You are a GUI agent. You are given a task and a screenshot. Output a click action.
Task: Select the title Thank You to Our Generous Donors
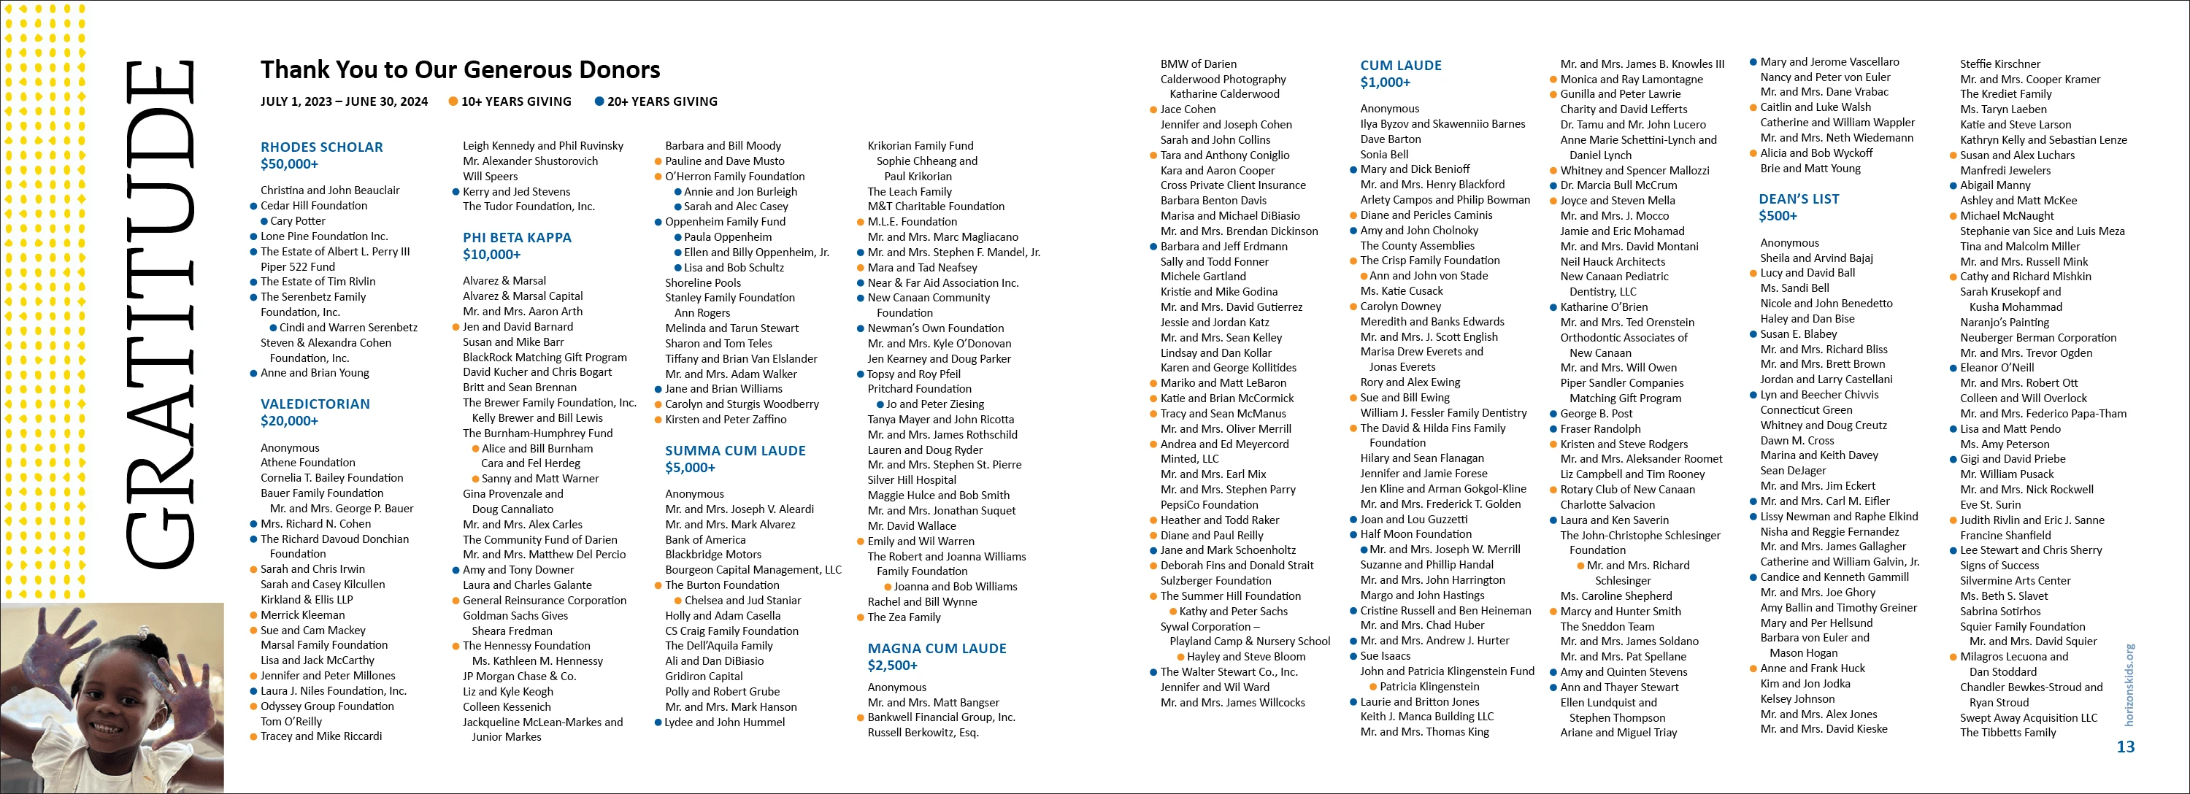coord(460,70)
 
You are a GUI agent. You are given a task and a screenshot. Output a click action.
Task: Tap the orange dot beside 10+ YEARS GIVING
coord(454,102)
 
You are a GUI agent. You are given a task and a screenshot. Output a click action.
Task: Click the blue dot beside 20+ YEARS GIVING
coord(599,102)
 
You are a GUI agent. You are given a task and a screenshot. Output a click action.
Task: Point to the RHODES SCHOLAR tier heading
coord(321,147)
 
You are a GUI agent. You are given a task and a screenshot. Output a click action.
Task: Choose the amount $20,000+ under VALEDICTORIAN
coord(289,421)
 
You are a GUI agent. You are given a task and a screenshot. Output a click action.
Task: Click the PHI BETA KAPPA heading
coord(517,238)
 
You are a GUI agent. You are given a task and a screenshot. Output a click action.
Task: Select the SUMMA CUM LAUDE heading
coord(734,450)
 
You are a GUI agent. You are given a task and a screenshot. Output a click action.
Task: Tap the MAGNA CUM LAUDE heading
coord(936,649)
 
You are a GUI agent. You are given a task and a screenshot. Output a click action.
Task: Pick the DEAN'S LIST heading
coord(1798,199)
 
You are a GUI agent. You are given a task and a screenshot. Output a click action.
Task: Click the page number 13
coord(2124,747)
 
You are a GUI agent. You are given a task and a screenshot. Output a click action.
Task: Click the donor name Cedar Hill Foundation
coord(314,206)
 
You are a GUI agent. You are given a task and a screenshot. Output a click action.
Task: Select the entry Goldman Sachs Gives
coord(515,615)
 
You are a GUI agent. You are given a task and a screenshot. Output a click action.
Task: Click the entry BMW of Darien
coord(1198,63)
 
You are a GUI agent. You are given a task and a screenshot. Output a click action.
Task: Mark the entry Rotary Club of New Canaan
coord(1627,490)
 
